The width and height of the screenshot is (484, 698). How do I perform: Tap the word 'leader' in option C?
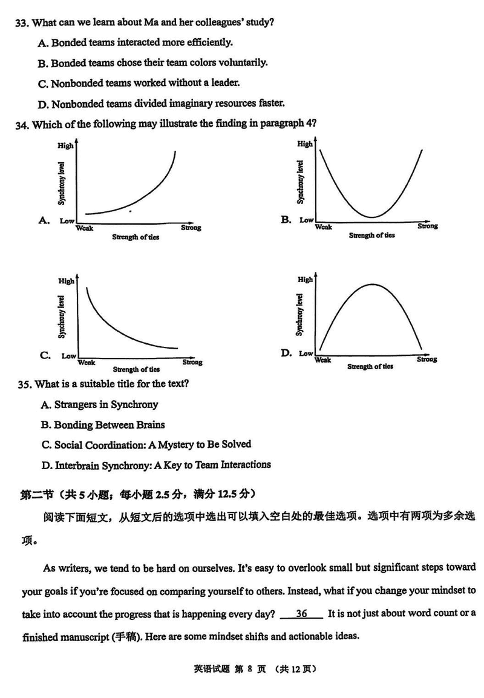226,83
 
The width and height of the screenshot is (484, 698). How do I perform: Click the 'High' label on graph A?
65,145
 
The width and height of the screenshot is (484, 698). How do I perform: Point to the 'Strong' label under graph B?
427,226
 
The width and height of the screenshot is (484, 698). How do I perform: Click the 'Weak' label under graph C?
86,362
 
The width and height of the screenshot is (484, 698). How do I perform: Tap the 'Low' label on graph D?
306,354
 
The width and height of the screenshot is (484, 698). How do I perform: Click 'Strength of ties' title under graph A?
136,237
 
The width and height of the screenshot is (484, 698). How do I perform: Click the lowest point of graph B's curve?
371,217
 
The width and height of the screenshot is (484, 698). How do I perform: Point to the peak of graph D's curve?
370,283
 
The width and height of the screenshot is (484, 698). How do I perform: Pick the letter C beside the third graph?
45,355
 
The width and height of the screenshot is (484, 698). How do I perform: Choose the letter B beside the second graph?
286,219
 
